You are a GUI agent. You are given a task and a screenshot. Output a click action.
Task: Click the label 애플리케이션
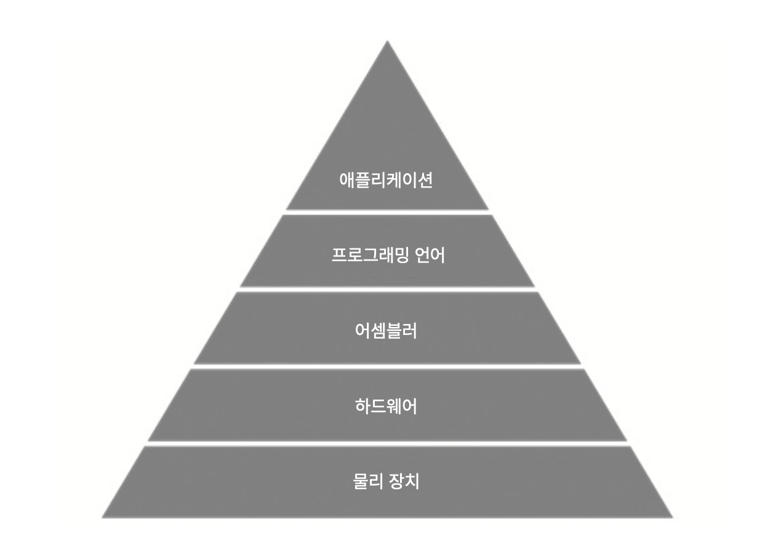(x=386, y=180)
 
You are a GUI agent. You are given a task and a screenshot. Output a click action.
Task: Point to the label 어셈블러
(x=386, y=331)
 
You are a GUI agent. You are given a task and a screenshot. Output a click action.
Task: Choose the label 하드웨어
(x=386, y=406)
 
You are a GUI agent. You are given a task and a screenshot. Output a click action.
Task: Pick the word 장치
(x=404, y=481)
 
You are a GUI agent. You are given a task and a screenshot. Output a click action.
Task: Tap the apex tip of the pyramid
(x=387, y=41)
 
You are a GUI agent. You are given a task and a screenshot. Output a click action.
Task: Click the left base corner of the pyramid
(x=102, y=517)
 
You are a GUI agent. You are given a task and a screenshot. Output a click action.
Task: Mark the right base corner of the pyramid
(x=672, y=517)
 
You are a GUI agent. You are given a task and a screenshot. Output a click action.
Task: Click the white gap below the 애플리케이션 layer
(x=387, y=212)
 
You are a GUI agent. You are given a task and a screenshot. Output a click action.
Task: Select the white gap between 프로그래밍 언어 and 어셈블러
(x=387, y=289)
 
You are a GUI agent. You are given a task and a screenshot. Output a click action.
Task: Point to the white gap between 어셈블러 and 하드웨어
(x=387, y=366)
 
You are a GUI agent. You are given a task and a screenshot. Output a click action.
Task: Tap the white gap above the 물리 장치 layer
(x=387, y=443)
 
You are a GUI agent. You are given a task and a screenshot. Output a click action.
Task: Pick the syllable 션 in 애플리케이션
(x=425, y=180)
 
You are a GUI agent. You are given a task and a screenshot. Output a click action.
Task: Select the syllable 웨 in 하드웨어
(x=394, y=406)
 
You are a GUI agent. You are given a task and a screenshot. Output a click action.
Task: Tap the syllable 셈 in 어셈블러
(x=378, y=331)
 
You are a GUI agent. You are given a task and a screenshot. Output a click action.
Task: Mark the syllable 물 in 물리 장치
(x=360, y=481)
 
